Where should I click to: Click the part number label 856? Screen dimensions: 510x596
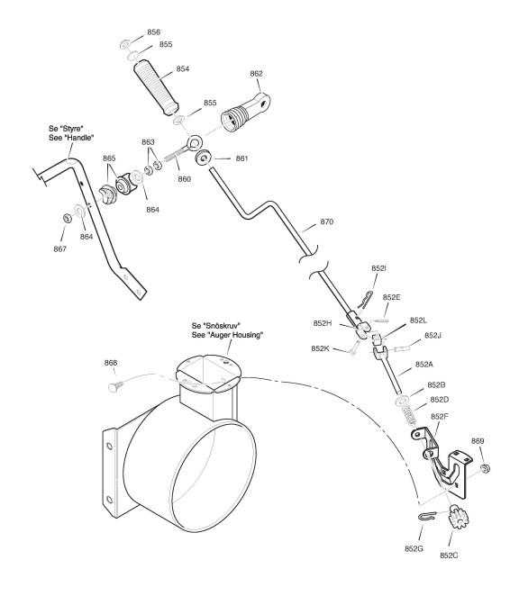pyautogui.click(x=154, y=32)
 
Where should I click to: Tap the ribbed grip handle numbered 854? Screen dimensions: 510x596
pyautogui.click(x=156, y=88)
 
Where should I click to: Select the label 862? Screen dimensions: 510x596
pyautogui.click(x=256, y=73)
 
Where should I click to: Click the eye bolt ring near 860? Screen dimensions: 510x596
pyautogui.click(x=195, y=143)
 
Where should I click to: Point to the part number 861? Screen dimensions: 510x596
pyautogui.click(x=241, y=158)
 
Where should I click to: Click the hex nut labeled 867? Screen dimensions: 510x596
pyautogui.click(x=67, y=219)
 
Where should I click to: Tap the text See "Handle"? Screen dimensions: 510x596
pyautogui.click(x=71, y=138)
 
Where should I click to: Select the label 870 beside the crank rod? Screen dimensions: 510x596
pyautogui.click(x=327, y=221)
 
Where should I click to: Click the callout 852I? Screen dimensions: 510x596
pyautogui.click(x=378, y=268)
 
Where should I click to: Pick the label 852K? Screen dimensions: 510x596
pyautogui.click(x=320, y=348)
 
